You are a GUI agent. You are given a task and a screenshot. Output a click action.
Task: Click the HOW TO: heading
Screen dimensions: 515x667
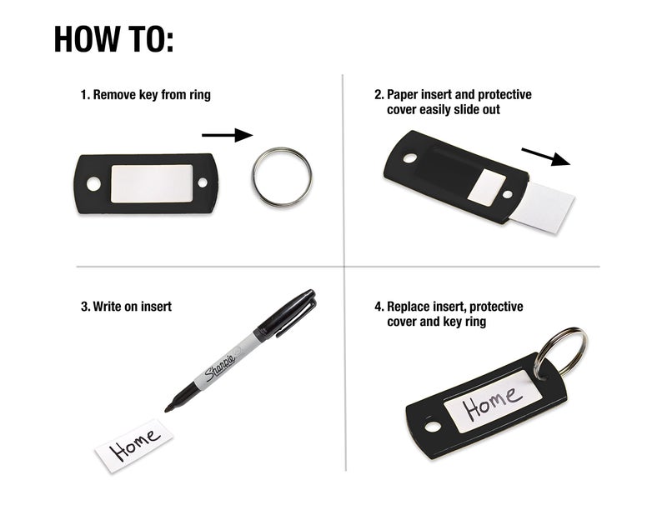tap(113, 38)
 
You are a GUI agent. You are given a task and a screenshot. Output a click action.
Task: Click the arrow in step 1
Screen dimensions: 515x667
tap(226, 133)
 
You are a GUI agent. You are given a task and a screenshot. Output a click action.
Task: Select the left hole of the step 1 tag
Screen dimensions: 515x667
tap(93, 182)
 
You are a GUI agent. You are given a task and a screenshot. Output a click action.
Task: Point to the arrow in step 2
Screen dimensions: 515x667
tap(546, 157)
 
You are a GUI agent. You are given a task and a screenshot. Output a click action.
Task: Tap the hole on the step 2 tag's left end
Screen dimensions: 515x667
tap(409, 157)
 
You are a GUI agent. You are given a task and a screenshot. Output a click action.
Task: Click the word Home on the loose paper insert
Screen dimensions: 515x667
tap(135, 445)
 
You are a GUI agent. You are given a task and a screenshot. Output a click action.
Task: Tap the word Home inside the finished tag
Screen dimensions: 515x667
tap(493, 404)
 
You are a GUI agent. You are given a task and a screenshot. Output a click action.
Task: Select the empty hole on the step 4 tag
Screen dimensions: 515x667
tap(434, 427)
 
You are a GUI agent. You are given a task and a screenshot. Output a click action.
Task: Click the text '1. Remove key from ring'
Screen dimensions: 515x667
tap(145, 95)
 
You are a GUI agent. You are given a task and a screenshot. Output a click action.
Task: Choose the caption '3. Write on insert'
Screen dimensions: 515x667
tap(126, 307)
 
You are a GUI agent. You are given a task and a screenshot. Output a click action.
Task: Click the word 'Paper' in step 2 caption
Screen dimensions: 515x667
tap(404, 95)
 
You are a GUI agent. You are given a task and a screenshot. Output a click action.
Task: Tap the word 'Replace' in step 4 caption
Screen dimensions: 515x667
tap(409, 307)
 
